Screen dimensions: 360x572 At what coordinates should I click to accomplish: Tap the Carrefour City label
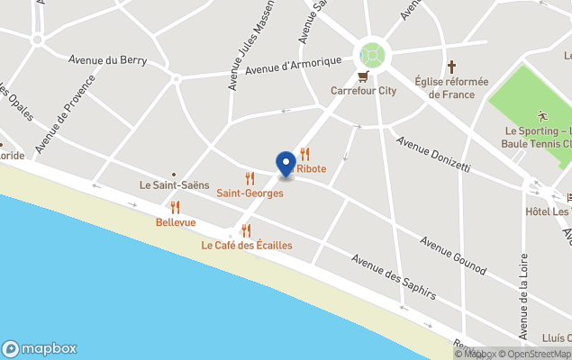coord(363,90)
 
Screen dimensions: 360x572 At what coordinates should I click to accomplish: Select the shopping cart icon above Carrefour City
coord(363,76)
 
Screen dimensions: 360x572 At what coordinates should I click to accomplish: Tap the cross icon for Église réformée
coord(451,67)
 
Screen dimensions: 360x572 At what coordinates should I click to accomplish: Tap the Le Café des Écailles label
coord(246,245)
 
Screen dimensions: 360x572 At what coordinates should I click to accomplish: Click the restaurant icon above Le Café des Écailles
coord(246,230)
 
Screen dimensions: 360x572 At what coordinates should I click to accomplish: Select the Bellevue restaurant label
coord(176,222)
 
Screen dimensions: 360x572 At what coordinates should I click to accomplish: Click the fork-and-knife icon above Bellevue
coord(175,207)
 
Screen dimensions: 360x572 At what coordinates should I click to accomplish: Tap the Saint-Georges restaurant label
coord(250,193)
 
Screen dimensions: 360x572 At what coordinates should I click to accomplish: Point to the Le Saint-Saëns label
coord(174,184)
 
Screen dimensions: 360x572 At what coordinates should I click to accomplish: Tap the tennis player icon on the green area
coord(541,115)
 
